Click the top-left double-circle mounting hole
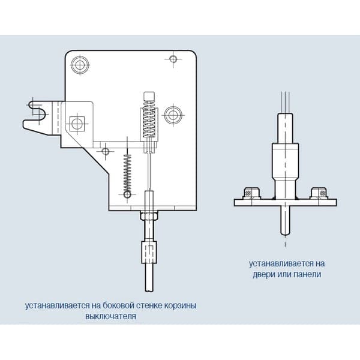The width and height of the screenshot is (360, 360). tap(80, 65)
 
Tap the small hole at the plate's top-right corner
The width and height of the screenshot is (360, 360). tap(173, 59)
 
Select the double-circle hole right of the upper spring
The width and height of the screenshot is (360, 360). tap(173, 115)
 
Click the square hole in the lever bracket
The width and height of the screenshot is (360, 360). tap(77, 124)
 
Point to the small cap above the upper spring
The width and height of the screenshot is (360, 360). tap(149, 97)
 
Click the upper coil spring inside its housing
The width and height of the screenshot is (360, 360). tap(149, 119)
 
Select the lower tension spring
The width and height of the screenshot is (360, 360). tap(127, 173)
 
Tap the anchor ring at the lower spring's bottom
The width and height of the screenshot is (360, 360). tap(127, 194)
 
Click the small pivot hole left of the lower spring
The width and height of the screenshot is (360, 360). tap(106, 151)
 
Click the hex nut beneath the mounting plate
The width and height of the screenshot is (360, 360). tap(149, 216)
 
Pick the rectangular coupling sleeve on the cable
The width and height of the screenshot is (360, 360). tap(149, 252)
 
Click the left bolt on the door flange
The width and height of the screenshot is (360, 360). tap(251, 193)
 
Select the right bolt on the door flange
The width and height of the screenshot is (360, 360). tap(319, 193)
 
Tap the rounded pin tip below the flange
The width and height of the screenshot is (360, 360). tap(285, 232)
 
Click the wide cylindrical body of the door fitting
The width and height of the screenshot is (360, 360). tap(285, 161)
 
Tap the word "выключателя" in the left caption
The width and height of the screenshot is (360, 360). tap(110, 316)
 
